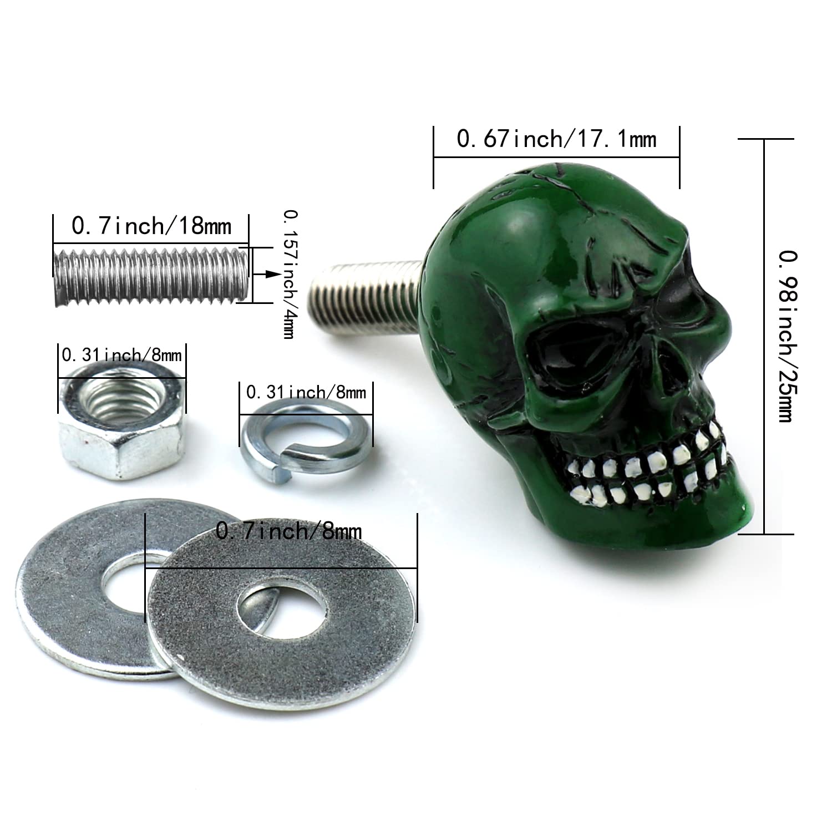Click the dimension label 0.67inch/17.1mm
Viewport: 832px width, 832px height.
tap(556, 139)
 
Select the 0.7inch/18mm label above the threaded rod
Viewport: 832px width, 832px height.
tap(151, 226)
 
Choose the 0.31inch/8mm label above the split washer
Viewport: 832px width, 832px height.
tap(306, 393)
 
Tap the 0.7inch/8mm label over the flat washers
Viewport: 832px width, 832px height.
tap(288, 531)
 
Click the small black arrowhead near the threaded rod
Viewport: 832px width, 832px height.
tap(271, 274)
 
